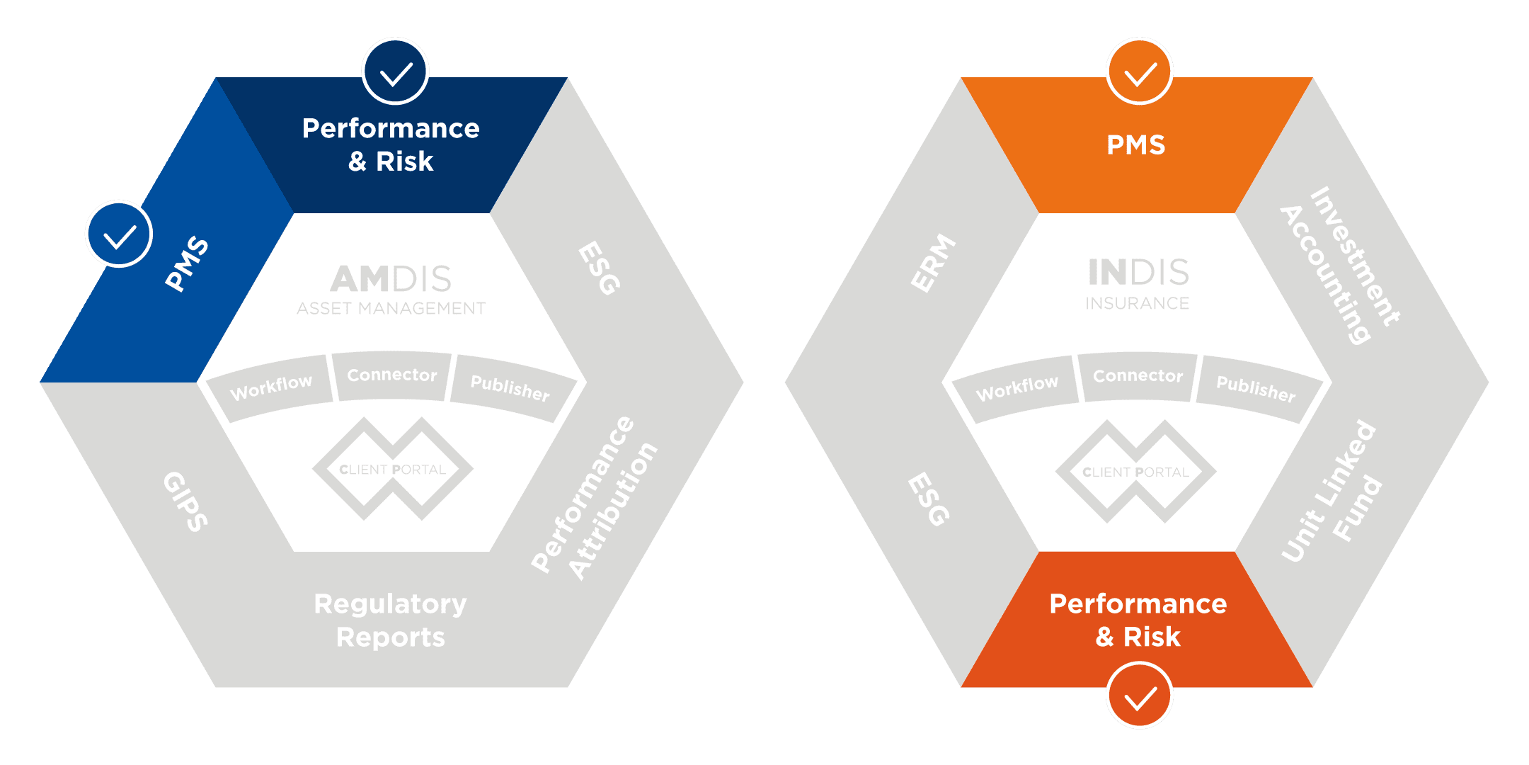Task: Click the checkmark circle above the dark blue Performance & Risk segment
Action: (x=395, y=72)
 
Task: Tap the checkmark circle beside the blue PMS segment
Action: (x=119, y=234)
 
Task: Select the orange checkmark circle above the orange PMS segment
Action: (x=1140, y=72)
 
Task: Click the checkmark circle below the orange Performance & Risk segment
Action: (x=1140, y=696)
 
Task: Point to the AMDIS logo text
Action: (x=391, y=279)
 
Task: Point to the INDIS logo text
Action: (x=1138, y=273)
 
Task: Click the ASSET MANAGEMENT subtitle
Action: (x=391, y=309)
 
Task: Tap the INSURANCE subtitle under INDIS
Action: (x=1138, y=304)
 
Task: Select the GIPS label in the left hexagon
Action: (x=186, y=502)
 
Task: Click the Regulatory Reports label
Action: (x=391, y=620)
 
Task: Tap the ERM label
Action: (x=933, y=263)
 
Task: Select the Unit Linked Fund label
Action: (x=1331, y=491)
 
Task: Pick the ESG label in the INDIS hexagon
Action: (x=929, y=499)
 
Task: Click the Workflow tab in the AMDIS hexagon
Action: (x=271, y=387)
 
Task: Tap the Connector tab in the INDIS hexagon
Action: (x=1138, y=376)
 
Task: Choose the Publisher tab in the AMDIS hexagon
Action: (x=510, y=388)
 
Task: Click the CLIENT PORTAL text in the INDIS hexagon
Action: (x=1135, y=472)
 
